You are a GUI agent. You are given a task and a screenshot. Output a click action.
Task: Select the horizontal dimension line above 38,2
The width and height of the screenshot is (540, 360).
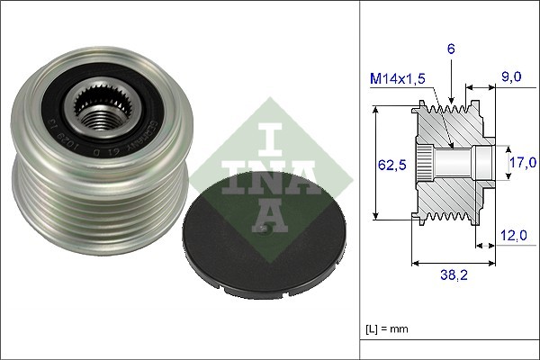pyautogui.click(x=453, y=264)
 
